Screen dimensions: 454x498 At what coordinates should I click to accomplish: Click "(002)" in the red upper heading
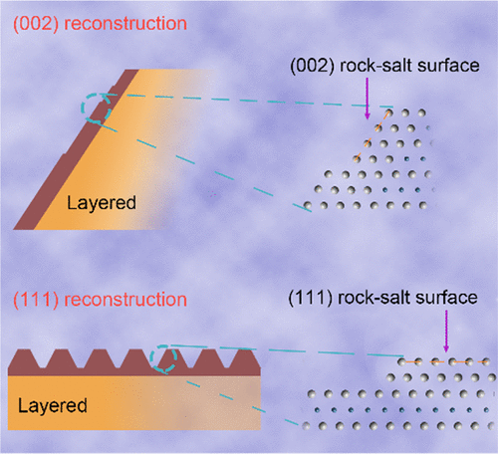click(32, 22)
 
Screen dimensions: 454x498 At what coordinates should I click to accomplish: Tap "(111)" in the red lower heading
click(31, 300)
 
